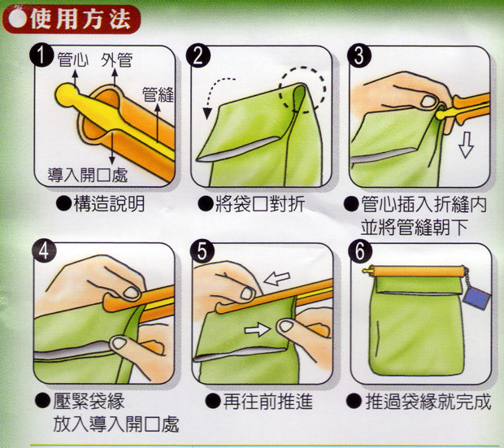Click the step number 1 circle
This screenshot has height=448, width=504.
41,55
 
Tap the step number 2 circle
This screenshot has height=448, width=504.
198,55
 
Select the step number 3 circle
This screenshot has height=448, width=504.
359,55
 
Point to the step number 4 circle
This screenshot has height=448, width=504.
44,251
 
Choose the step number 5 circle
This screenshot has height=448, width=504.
202,251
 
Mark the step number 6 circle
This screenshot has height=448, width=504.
360,251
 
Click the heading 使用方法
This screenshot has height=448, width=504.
80,20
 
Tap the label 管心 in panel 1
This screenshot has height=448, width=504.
73,60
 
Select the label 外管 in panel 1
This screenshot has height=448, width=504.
117,60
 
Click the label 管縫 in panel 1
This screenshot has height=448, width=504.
158,95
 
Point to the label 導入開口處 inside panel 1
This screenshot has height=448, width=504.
88,175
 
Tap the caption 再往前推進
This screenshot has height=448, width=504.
267,402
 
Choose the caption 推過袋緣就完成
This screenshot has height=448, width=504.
428,402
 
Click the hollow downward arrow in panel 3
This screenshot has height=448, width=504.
466,145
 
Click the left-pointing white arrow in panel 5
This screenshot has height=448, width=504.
276,279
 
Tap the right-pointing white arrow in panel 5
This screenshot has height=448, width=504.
257,329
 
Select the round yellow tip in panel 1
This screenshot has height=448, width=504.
67,94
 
